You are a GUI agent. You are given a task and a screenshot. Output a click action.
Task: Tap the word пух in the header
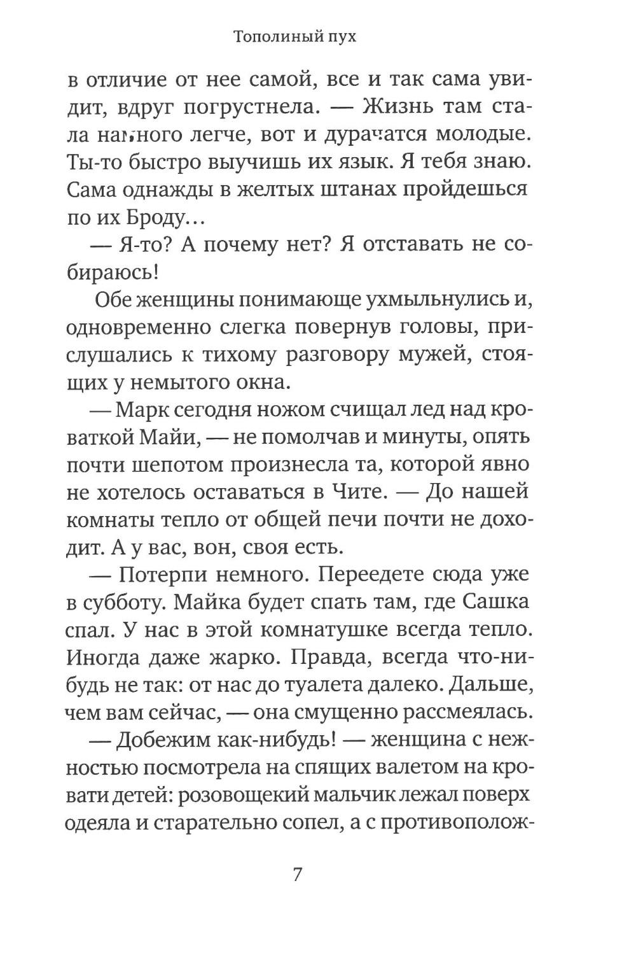coord(339,37)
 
